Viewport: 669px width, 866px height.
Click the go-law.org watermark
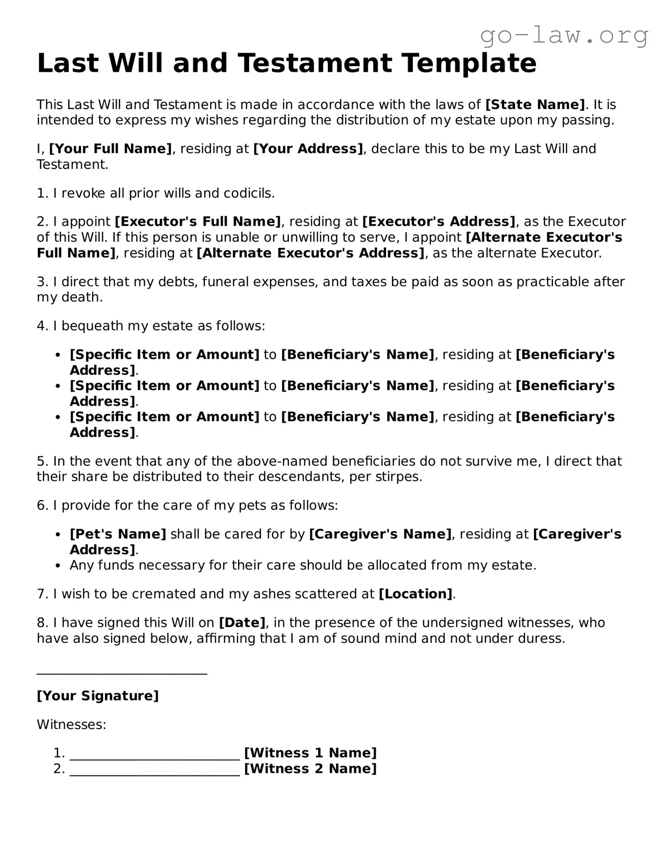pos(564,35)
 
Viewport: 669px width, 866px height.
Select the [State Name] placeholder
pos(535,105)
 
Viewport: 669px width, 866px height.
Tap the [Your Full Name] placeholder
pos(111,148)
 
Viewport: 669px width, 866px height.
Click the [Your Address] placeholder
pos(308,148)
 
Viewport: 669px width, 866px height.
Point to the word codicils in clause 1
pos(252,193)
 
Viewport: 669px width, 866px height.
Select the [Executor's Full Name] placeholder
pos(198,222)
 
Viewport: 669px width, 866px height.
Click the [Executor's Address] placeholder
pos(439,222)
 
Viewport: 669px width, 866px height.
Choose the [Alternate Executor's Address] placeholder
pos(311,253)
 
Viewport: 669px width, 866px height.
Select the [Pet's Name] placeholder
pos(118,534)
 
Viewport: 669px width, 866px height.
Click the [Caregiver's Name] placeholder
pos(381,534)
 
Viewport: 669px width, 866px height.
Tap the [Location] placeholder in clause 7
pos(416,594)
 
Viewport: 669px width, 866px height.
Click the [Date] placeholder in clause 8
pos(242,623)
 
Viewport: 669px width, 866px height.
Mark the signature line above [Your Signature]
pos(122,674)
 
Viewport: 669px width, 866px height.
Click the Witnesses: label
pos(72,724)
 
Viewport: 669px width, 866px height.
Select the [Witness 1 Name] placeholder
pos(310,753)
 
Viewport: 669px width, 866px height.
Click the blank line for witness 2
pos(155,773)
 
